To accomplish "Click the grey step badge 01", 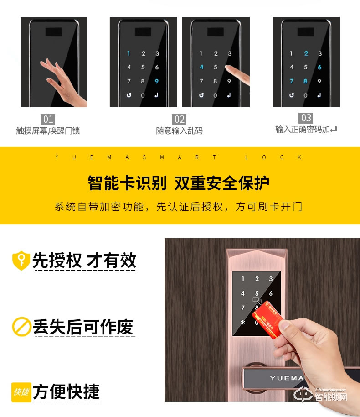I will click(x=48, y=120).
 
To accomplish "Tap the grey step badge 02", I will click(x=180, y=120).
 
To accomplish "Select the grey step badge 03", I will click(x=306, y=118).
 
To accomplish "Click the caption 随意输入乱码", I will click(x=180, y=131).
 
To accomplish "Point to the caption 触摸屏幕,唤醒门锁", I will click(x=48, y=131).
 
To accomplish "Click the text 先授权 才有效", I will click(x=84, y=261).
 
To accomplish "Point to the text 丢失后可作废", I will click(x=83, y=327).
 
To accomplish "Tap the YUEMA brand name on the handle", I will click(x=286, y=378).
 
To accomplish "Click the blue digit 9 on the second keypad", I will click(x=157, y=82).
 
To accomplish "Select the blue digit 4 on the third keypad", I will click(x=201, y=68).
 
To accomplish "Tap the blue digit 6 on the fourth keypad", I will click(x=319, y=68).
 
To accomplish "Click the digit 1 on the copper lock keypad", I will click(x=242, y=279).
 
